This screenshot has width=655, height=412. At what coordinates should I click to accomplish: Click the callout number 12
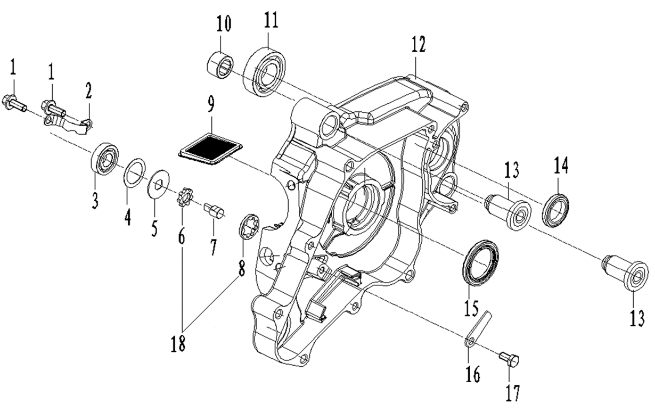click(x=419, y=46)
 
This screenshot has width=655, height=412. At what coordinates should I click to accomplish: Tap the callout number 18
click(x=178, y=344)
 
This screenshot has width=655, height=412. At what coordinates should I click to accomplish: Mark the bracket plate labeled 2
click(x=67, y=123)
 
